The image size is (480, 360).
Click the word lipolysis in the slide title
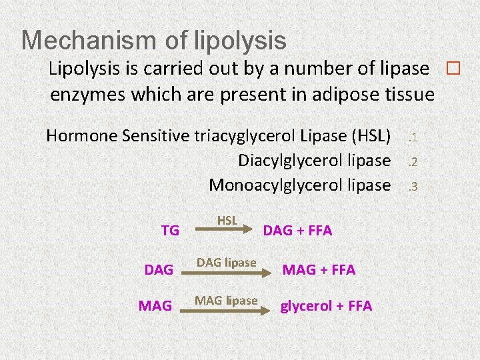pyautogui.click(x=240, y=40)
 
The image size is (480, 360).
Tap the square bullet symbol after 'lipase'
pyautogui.click(x=453, y=68)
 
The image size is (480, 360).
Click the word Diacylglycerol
pyautogui.click(x=286, y=161)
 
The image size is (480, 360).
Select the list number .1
pyautogui.click(x=412, y=137)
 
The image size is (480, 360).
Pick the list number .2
pyautogui.click(x=412, y=161)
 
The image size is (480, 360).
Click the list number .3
pyautogui.click(x=412, y=185)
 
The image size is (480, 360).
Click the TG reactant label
pyautogui.click(x=171, y=231)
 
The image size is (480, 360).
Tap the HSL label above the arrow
pyautogui.click(x=227, y=220)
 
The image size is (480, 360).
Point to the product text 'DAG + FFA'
pyautogui.click(x=297, y=231)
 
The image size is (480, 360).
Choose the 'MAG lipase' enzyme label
pyautogui.click(x=226, y=301)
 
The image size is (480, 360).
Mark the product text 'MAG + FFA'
pyautogui.click(x=319, y=270)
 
